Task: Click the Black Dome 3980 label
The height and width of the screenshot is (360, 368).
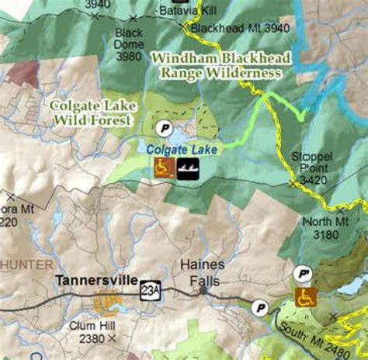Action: tap(128, 44)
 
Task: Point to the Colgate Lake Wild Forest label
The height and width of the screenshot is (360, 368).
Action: tap(88, 113)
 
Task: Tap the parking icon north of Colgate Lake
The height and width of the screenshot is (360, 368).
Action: tap(163, 127)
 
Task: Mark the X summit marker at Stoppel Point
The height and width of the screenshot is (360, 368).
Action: tap(293, 184)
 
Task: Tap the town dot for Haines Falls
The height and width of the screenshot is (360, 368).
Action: tap(203, 290)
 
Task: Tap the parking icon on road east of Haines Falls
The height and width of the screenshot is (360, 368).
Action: tap(262, 308)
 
